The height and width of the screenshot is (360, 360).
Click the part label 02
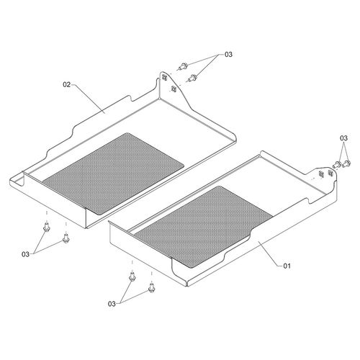67,84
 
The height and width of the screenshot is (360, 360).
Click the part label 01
287,266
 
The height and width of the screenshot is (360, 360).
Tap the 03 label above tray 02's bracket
228,55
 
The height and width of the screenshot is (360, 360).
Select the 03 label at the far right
343,138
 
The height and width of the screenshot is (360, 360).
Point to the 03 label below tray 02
26,254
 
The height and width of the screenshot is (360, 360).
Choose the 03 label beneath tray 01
112,304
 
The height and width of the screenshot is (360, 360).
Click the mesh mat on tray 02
113,174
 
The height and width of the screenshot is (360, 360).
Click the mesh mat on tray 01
204,226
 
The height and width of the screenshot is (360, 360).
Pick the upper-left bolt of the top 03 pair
183,66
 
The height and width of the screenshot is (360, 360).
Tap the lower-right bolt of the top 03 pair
192,78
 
